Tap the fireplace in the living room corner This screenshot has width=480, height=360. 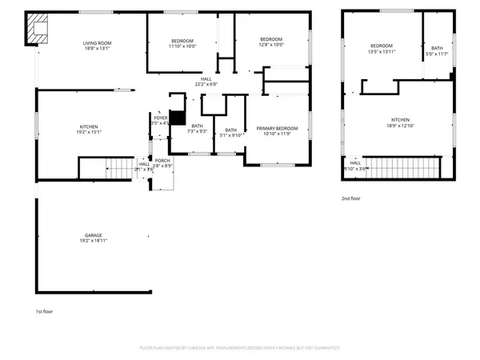click(37, 30)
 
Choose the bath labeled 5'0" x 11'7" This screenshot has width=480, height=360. click(437, 53)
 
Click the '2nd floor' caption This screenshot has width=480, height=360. click(350, 198)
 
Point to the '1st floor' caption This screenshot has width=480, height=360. click(44, 311)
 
